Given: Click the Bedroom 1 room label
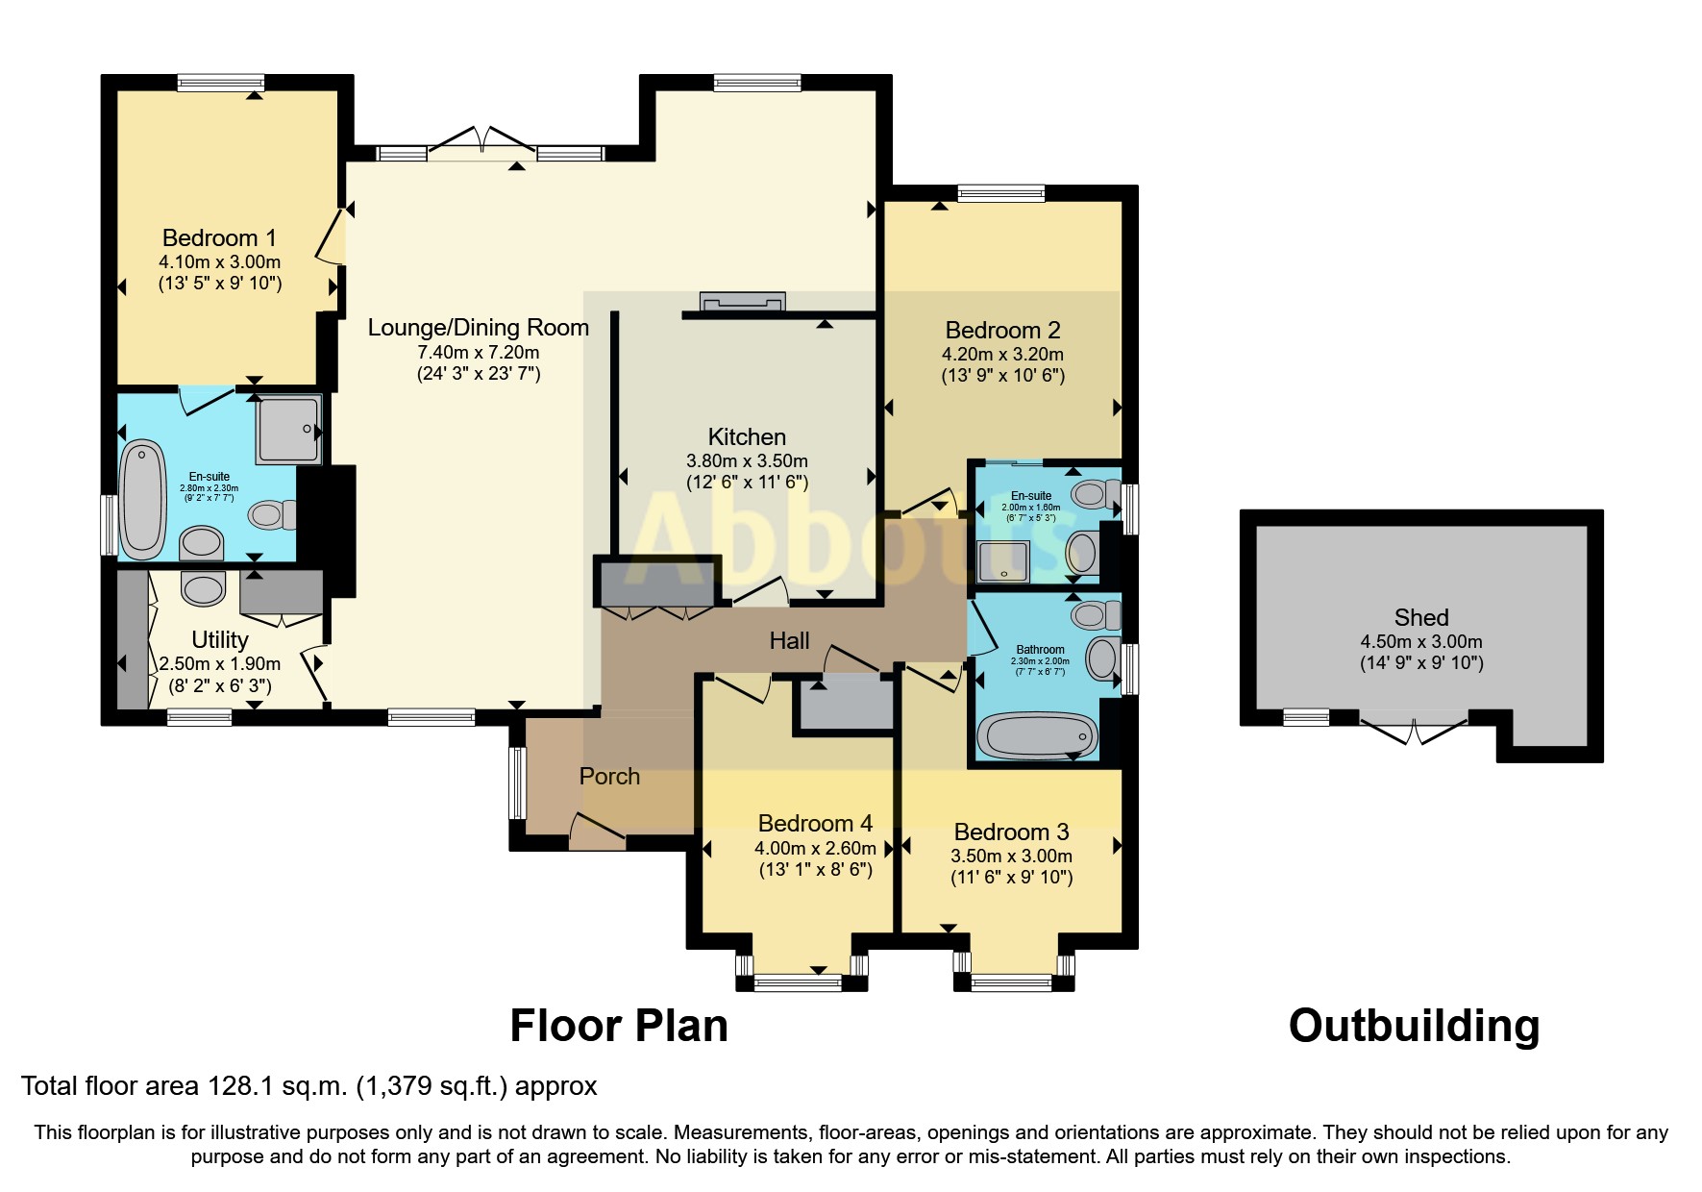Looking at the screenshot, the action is pyautogui.click(x=219, y=237).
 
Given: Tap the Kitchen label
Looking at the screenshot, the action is pyautogui.click(x=747, y=436).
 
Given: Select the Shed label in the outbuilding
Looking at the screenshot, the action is pyautogui.click(x=1421, y=617).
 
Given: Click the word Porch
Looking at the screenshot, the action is pyautogui.click(x=609, y=776).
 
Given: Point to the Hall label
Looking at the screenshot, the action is pyautogui.click(x=789, y=640).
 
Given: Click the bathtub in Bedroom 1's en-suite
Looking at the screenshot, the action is pyautogui.click(x=144, y=500).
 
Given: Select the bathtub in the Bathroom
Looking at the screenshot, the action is pyautogui.click(x=1037, y=737).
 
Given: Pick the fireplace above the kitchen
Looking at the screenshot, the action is pyautogui.click(x=743, y=302).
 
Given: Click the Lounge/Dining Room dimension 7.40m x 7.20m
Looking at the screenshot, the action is pyautogui.click(x=479, y=352).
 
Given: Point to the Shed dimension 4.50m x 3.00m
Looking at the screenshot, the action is pyautogui.click(x=1421, y=641).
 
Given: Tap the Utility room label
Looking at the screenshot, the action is pyautogui.click(x=219, y=639).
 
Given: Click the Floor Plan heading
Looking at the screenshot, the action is pyautogui.click(x=619, y=1026).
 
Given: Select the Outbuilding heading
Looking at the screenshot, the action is pyautogui.click(x=1414, y=1026).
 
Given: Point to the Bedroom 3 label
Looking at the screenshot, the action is pyautogui.click(x=1011, y=832).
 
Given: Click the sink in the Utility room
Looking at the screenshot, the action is pyautogui.click(x=203, y=587).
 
